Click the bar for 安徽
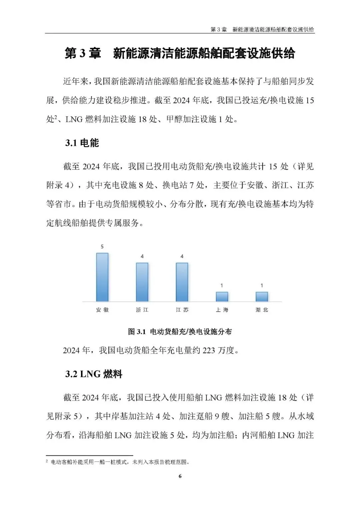(102, 277)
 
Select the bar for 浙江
(142, 282)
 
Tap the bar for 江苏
(182, 282)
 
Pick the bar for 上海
(222, 296)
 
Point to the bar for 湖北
(262, 296)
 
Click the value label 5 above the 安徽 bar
(102, 247)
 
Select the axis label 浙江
(142, 310)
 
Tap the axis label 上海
(222, 310)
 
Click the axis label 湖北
(262, 310)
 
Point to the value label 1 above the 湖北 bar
(262, 285)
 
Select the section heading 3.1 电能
(82, 143)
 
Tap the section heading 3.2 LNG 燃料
(94, 374)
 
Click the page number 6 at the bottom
(180, 476)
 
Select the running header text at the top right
(262, 29)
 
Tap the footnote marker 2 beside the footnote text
(47, 461)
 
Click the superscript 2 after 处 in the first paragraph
(56, 117)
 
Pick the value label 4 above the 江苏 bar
(182, 256)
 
